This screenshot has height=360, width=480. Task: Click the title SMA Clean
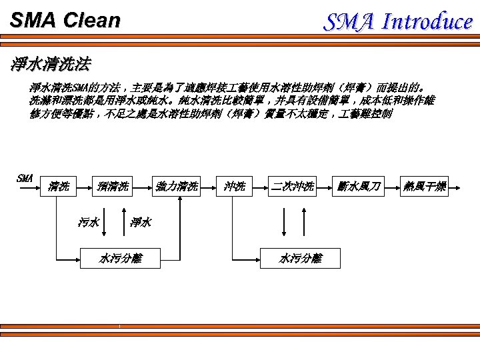click(65, 20)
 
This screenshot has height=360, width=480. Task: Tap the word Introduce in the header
click(427, 21)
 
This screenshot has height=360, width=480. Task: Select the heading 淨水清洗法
click(51, 65)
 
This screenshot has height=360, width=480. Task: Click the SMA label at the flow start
click(24, 178)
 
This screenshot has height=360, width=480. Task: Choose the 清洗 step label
click(59, 187)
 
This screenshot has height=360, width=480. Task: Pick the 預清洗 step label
click(113, 187)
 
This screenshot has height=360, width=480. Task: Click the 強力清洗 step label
click(177, 187)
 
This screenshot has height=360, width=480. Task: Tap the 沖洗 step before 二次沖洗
click(235, 187)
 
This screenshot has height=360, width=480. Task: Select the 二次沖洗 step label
click(292, 187)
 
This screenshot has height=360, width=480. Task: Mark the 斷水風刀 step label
click(359, 187)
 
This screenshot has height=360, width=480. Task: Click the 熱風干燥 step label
click(425, 187)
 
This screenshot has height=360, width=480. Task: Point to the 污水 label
click(89, 222)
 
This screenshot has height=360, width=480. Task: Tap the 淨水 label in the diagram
click(141, 222)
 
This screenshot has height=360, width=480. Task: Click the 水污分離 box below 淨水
click(120, 258)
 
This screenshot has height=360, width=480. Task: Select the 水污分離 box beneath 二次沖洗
click(300, 258)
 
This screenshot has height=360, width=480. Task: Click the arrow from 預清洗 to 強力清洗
click(142, 187)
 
